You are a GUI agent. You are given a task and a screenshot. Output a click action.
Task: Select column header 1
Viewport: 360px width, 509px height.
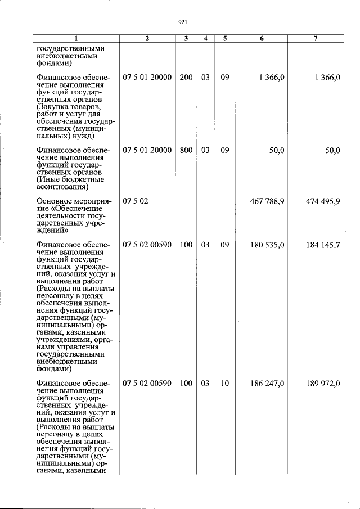76,39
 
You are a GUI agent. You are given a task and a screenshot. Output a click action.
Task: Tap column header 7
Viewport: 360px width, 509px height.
316,39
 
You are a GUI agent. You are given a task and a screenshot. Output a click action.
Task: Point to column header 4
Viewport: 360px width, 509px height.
206,39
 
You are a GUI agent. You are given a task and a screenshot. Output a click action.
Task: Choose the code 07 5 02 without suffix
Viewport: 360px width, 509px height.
136,202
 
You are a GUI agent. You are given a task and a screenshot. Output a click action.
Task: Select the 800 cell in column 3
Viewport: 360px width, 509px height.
186,151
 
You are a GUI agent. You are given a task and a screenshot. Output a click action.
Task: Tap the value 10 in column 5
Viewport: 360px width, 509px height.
224,384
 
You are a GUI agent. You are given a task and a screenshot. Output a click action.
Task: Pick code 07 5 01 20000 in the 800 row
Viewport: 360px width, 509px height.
147,151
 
